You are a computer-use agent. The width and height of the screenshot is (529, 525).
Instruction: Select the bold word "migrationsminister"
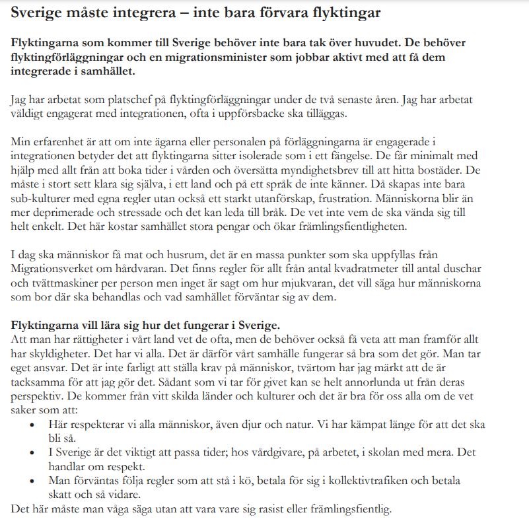coord(214,57)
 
